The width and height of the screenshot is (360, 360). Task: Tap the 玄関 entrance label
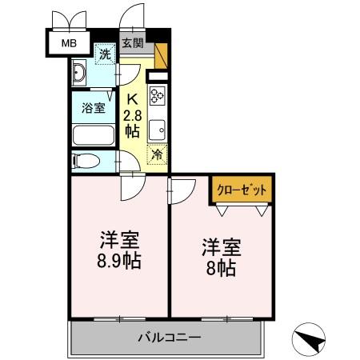134,43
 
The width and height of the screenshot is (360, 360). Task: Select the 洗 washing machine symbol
106,55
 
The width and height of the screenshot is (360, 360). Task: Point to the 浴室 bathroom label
94,109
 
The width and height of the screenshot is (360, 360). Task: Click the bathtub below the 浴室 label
94,134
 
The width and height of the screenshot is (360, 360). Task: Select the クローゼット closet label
242,190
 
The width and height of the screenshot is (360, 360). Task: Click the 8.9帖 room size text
120,260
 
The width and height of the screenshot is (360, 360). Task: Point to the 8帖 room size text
221,268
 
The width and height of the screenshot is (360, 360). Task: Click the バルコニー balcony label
167,337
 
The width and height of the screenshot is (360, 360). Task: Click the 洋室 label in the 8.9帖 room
120,239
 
